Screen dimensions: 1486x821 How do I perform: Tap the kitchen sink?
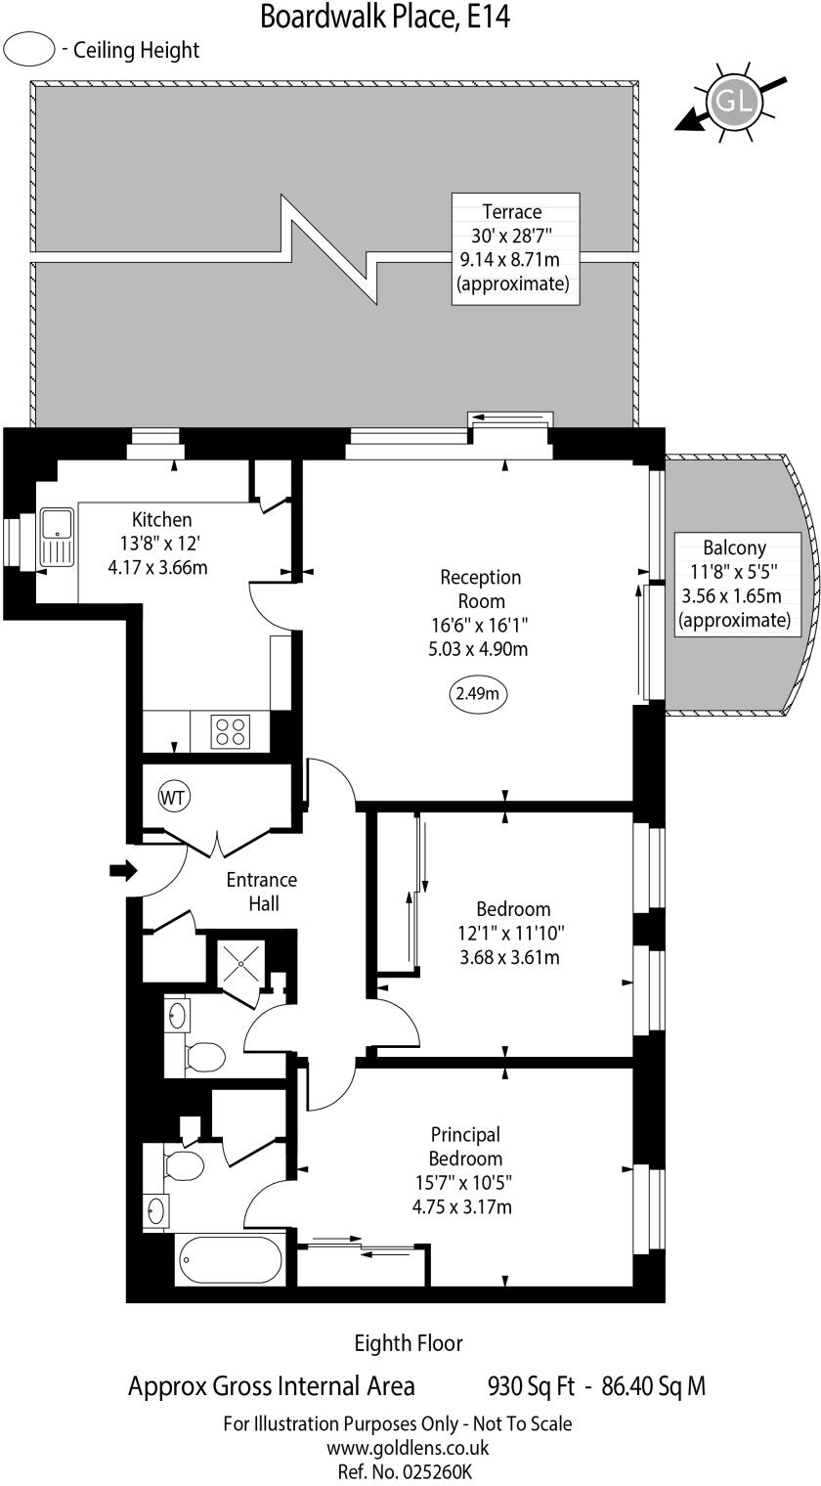[x=57, y=540]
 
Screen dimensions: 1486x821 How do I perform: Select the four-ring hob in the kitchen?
[x=232, y=731]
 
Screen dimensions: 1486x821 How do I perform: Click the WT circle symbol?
[x=173, y=797]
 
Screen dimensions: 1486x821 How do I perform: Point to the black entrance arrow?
[x=123, y=870]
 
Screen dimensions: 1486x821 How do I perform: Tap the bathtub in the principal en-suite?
[x=230, y=1261]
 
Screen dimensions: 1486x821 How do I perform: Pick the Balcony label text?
[x=734, y=547]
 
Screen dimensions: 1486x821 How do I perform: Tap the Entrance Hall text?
[x=261, y=891]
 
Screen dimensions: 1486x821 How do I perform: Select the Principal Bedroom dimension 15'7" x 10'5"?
[x=462, y=1182]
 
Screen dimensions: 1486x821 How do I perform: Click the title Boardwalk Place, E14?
[x=384, y=17]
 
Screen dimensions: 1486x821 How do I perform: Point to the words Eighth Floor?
[x=409, y=1343]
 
